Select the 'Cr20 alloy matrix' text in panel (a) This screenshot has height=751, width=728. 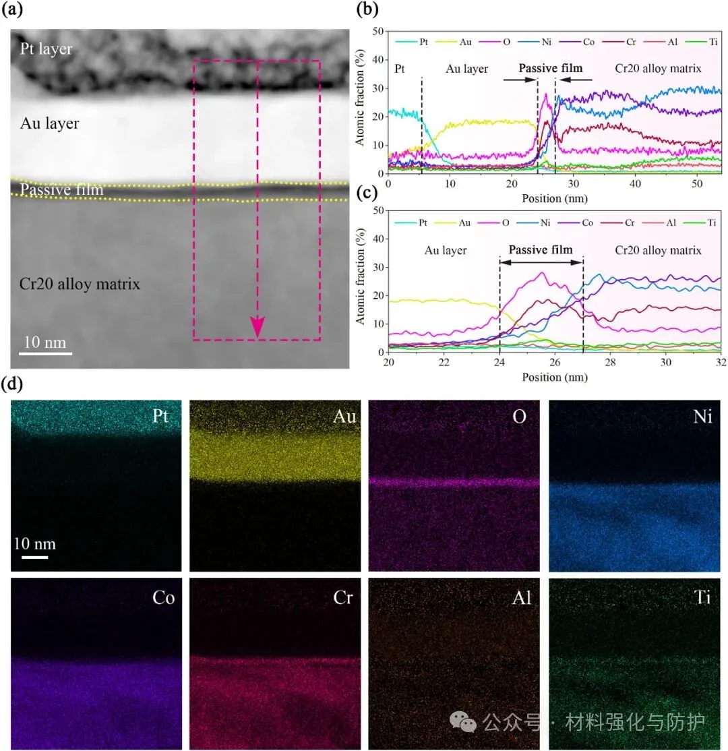[x=80, y=284]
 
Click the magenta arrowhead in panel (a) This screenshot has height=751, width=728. [x=257, y=326]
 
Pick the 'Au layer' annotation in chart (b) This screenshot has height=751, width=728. [x=467, y=69]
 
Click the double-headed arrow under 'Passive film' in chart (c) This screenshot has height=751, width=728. [x=541, y=261]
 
